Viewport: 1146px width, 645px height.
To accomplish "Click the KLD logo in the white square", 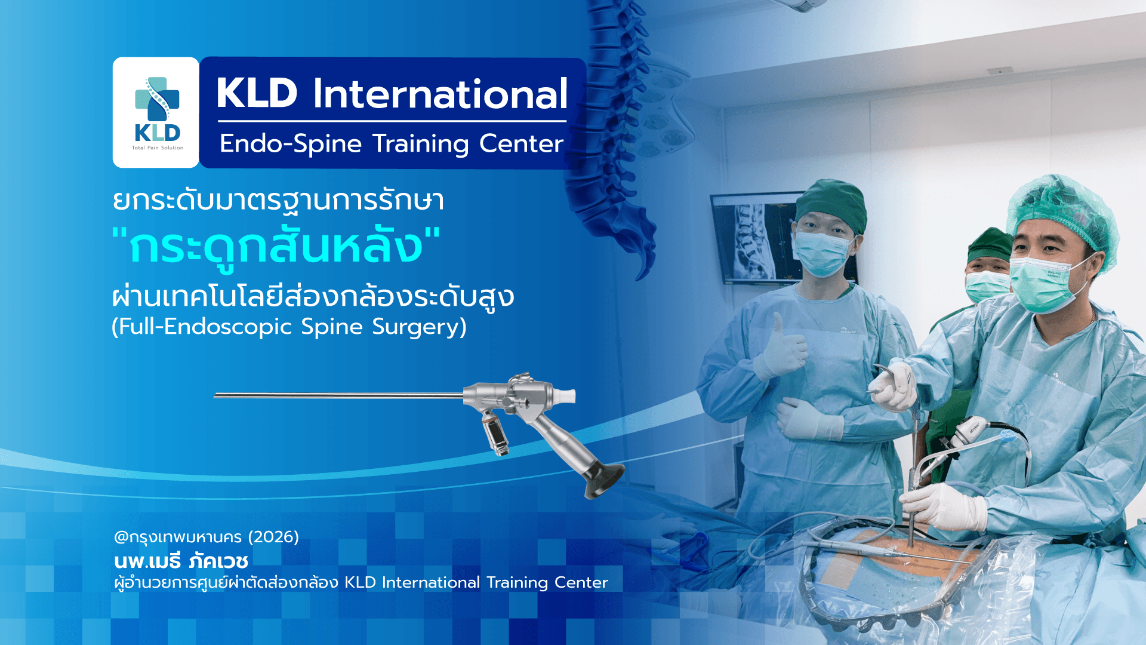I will pos(156,112).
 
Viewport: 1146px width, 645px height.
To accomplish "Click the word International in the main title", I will pos(440,94).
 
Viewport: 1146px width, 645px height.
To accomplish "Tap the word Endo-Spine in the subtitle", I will pos(291,144).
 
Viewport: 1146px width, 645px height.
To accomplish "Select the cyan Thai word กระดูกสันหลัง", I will pos(276,247).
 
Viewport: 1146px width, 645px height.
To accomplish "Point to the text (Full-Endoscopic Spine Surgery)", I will pos(289,327).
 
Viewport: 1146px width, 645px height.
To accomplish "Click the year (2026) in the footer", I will pos(273,537).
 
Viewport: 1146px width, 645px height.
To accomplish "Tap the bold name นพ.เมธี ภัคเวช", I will pos(181,561).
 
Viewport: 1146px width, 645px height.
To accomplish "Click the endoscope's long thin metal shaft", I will pos(334,395).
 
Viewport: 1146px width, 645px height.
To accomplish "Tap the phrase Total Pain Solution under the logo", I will pos(157,148).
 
